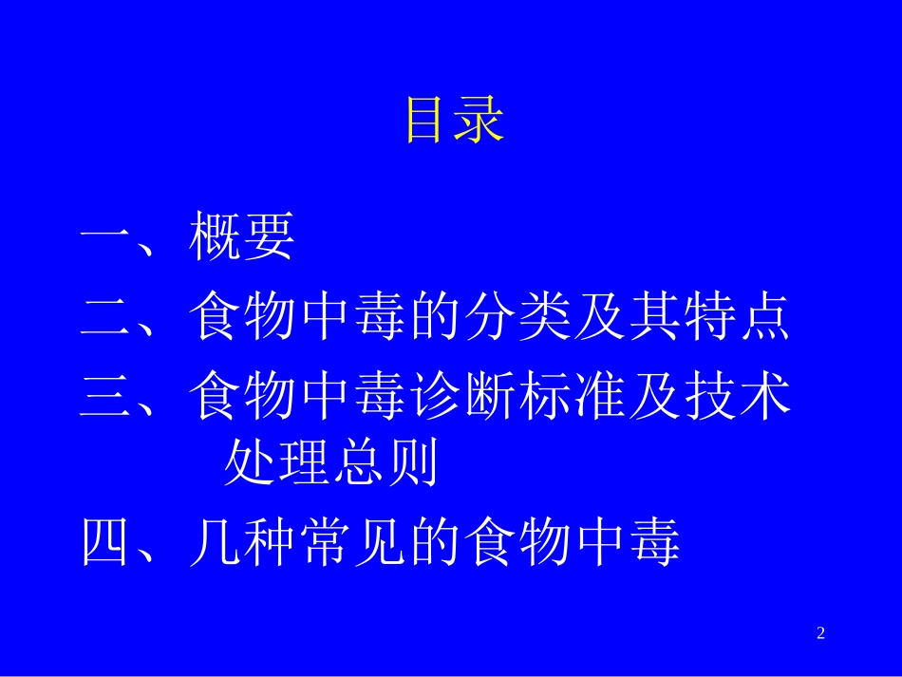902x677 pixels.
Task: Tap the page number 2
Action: point(821,633)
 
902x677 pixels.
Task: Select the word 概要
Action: point(242,237)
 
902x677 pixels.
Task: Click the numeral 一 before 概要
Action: point(106,238)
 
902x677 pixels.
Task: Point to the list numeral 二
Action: point(106,317)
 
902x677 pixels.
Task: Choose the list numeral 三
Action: point(106,395)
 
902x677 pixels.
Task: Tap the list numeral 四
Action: point(106,544)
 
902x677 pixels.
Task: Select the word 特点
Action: point(737,316)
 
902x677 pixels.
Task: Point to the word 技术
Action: point(737,395)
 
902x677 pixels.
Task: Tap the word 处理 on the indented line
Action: point(276,465)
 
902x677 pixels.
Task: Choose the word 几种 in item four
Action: point(241,544)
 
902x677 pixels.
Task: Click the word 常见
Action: point(348,544)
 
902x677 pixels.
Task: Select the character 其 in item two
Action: point(655,316)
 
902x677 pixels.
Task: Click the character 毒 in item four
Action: point(655,544)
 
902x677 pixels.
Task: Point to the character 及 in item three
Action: point(655,395)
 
